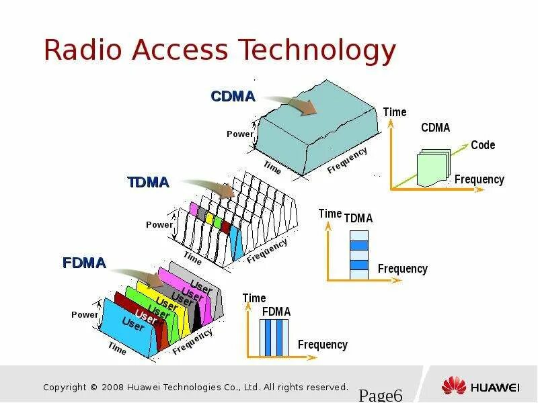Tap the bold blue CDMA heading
233,97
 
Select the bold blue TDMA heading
148,182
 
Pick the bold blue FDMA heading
84,263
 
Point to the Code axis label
482,145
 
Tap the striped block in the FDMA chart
275,337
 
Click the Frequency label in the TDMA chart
402,269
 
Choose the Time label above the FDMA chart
254,298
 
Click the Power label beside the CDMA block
240,134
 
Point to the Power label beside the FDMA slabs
85,314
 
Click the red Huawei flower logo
454,386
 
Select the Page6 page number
380,394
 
